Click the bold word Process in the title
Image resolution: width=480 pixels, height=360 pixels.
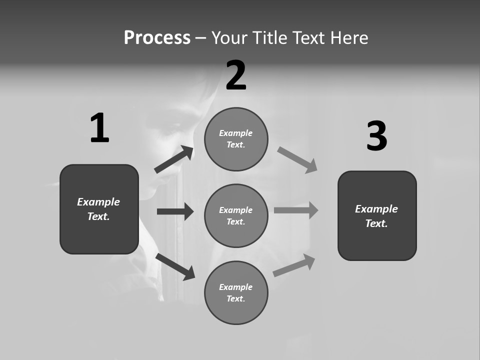point(157,37)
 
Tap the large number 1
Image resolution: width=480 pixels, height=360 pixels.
point(99,128)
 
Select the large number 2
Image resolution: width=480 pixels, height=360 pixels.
point(236,75)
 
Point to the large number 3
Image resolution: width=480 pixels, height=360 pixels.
point(376,136)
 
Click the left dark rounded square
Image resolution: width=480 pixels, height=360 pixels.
point(99,209)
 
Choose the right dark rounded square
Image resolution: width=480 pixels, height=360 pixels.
point(377,215)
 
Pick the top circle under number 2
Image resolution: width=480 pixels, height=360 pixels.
point(236,139)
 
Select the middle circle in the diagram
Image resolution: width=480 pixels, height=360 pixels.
point(236,215)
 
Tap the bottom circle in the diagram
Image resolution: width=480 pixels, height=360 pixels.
point(236,292)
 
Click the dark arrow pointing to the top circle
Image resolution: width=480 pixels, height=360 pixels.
point(174,159)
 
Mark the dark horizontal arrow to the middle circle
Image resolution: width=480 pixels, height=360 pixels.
point(175,211)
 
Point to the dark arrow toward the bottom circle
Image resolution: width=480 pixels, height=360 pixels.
point(175,266)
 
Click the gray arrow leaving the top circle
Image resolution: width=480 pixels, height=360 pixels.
point(297,160)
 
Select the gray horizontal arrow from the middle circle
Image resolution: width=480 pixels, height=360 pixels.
point(296,210)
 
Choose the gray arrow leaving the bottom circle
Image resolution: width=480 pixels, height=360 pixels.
point(294,265)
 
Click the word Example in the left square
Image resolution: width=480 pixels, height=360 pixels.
point(98,202)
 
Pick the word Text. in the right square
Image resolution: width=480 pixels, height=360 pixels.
point(376,223)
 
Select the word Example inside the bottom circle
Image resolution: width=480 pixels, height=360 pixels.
point(236,287)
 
